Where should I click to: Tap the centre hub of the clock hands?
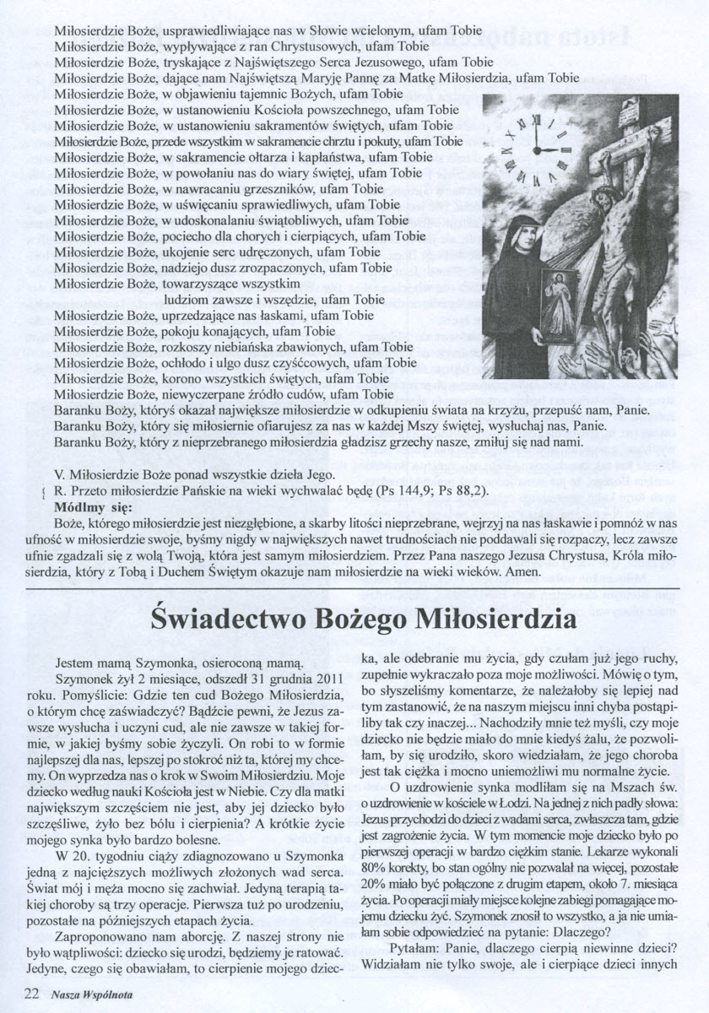[x=535, y=149]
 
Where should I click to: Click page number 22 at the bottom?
[x=33, y=994]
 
